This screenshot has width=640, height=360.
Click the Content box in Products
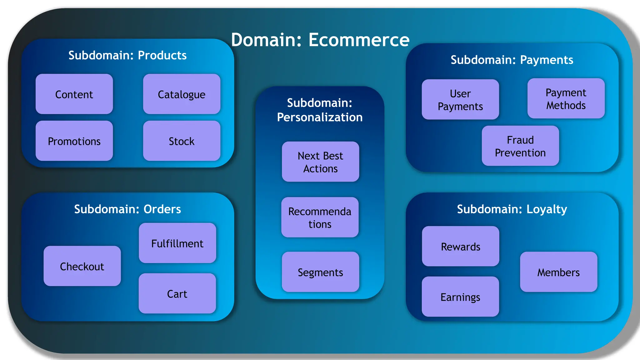pyautogui.click(x=74, y=94)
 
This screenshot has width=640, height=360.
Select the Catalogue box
pyautogui.click(x=182, y=94)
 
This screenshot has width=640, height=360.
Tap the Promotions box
pyautogui.click(x=74, y=141)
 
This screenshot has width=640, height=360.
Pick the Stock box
pyautogui.click(x=182, y=141)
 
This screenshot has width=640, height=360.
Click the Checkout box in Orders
pyautogui.click(x=82, y=266)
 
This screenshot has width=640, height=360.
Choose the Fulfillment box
pyautogui.click(x=177, y=243)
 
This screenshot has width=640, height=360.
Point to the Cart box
pyautogui.click(x=177, y=293)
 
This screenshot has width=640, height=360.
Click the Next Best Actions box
pyautogui.click(x=320, y=162)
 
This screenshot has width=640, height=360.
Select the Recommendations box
pyautogui.click(x=320, y=217)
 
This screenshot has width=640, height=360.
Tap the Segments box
pyautogui.click(x=320, y=272)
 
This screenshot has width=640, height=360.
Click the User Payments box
pyautogui.click(x=460, y=99)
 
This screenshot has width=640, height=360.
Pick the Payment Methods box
pyautogui.click(x=566, y=98)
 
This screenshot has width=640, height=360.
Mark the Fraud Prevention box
pyautogui.click(x=520, y=146)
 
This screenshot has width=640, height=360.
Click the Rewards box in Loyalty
pyautogui.click(x=460, y=246)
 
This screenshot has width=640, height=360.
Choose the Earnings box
pyautogui.click(x=460, y=297)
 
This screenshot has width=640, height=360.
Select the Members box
pyautogui.click(x=558, y=272)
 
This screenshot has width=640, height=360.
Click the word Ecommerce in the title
pyautogui.click(x=359, y=40)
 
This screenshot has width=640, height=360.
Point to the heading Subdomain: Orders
pyautogui.click(x=127, y=209)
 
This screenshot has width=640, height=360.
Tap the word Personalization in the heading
pyautogui.click(x=320, y=117)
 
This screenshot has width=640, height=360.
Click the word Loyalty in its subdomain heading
pyautogui.click(x=547, y=209)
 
